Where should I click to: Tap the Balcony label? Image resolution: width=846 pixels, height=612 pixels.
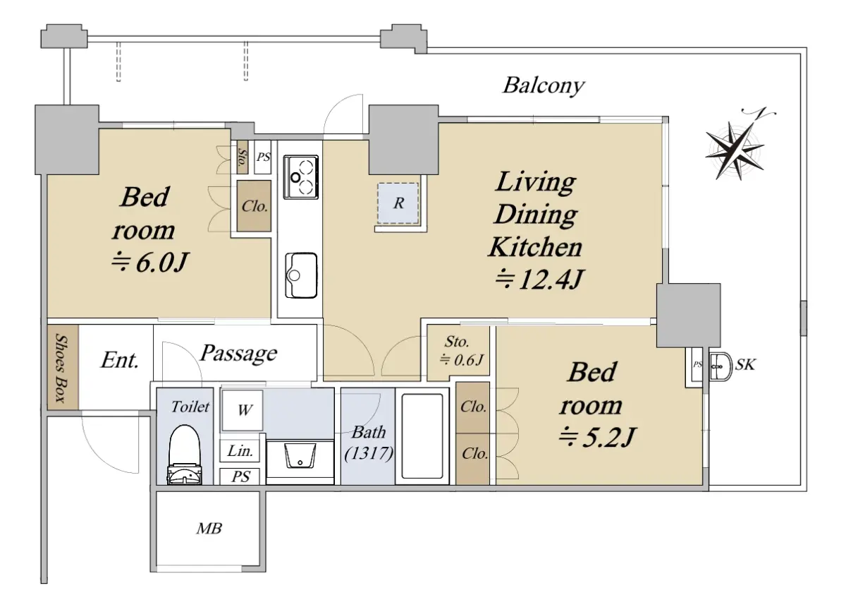tap(544, 86)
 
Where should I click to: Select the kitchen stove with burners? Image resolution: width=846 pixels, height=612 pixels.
tap(301, 176)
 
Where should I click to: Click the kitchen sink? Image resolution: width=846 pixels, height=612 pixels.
tap(301, 275)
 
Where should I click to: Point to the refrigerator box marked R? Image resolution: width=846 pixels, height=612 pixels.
tap(398, 203)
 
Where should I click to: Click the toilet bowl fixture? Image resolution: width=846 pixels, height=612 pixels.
tap(184, 455)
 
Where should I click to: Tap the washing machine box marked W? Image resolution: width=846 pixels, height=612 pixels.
tap(242, 410)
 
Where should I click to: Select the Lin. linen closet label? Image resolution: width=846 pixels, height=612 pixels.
tap(240, 451)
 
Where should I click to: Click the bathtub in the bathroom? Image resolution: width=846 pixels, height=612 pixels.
tap(422, 436)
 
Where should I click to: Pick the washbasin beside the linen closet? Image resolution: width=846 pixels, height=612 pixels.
tap(300, 456)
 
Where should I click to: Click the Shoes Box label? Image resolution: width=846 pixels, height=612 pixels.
tap(61, 367)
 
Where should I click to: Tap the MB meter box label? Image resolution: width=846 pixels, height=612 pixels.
tap(209, 529)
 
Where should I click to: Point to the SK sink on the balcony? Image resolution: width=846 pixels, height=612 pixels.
tap(721, 366)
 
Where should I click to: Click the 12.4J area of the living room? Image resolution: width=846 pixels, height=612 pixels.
tap(540, 280)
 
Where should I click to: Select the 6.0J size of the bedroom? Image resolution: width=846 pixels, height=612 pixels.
tap(149, 262)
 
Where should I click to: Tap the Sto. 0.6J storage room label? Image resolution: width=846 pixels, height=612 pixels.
tap(461, 351)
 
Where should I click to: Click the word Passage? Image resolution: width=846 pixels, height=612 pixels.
tap(239, 353)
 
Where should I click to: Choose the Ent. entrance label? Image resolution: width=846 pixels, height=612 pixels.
tap(120, 360)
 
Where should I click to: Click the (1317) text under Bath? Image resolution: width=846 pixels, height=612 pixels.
tap(369, 453)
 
